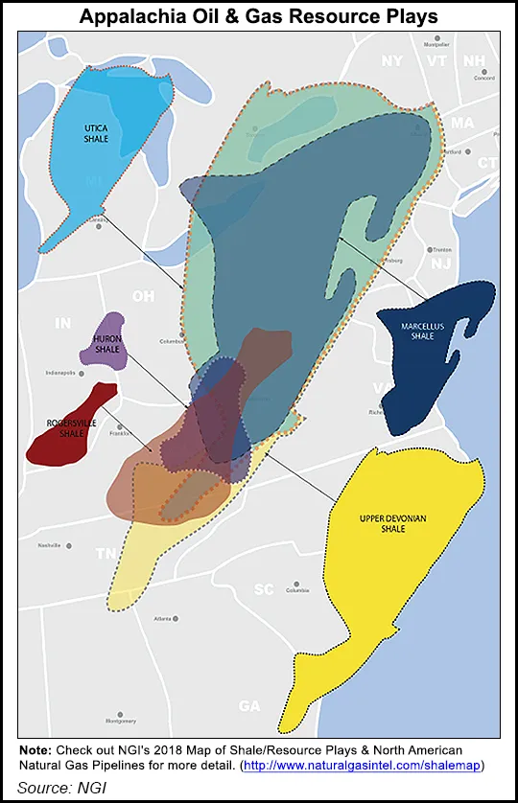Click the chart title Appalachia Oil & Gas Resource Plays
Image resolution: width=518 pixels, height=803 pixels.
pyautogui.click(x=258, y=16)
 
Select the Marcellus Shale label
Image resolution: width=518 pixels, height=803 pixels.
pyautogui.click(x=423, y=332)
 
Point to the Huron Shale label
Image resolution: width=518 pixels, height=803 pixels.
pyautogui.click(x=107, y=344)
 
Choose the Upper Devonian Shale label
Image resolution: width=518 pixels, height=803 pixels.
pyautogui.click(x=386, y=524)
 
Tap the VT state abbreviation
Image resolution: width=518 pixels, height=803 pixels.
pyautogui.click(x=436, y=60)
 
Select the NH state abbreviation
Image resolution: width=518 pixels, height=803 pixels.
pyautogui.click(x=474, y=61)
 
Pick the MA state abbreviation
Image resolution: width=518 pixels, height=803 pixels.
pyautogui.click(x=462, y=124)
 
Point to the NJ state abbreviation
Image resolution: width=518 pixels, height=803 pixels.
pyautogui.click(x=440, y=263)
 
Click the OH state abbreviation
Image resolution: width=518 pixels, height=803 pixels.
pyautogui.click(x=143, y=296)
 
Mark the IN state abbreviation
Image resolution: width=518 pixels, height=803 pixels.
pyautogui.click(x=62, y=323)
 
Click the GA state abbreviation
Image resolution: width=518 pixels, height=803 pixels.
pyautogui.click(x=249, y=706)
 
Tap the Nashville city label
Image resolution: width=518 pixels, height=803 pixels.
pyautogui.click(x=49, y=545)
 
